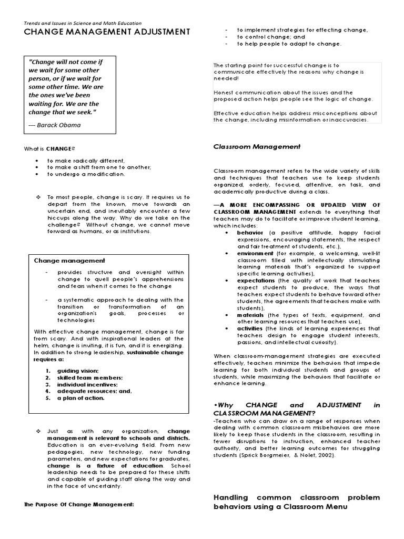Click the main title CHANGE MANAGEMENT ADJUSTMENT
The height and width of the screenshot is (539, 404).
[x=107, y=32]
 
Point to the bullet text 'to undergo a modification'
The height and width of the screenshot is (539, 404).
[x=86, y=174]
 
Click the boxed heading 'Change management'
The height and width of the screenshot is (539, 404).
[x=69, y=261]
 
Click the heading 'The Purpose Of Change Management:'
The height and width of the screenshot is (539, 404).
[x=79, y=504]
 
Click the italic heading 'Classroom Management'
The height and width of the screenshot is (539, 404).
[x=257, y=147]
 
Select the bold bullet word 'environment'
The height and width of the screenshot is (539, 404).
[x=255, y=253]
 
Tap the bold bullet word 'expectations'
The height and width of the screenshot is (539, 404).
[x=256, y=281]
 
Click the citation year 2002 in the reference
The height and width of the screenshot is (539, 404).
[x=324, y=455]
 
